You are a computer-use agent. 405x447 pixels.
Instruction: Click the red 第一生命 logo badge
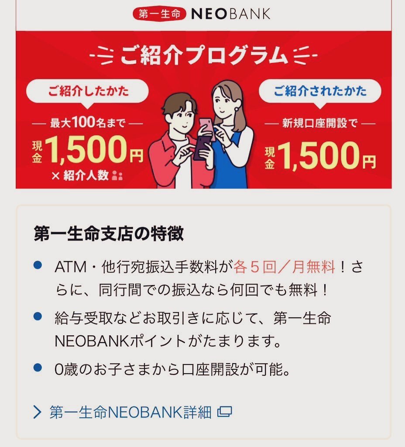(159, 14)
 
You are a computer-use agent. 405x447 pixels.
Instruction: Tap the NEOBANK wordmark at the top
(230, 14)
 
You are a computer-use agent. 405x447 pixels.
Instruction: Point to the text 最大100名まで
(88, 123)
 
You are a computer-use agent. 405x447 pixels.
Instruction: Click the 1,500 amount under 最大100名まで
(86, 150)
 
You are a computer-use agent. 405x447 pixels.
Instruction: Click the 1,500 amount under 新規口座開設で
(318, 156)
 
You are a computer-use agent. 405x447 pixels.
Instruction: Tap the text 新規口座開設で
(320, 123)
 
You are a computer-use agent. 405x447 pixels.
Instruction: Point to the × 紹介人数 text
(80, 175)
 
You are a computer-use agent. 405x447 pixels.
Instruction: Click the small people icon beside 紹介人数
(117, 175)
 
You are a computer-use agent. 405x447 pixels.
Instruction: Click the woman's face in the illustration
(224, 102)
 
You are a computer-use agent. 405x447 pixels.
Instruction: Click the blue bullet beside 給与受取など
(38, 316)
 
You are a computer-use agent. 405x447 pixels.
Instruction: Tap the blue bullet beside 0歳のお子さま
(38, 367)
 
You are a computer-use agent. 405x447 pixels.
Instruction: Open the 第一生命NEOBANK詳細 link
(130, 412)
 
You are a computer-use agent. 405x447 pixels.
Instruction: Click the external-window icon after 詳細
(225, 412)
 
